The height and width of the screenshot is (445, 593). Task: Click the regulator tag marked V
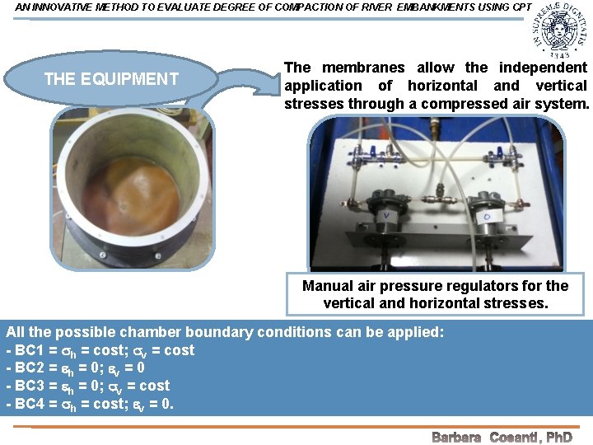tap(385, 217)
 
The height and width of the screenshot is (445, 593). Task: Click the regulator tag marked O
tap(489, 217)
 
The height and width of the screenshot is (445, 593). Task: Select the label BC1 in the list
tap(30, 350)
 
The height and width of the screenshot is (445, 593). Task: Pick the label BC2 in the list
tap(30, 368)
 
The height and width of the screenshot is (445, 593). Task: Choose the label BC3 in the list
tap(30, 386)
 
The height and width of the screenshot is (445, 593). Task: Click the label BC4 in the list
tap(30, 404)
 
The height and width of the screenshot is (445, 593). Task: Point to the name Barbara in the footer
tap(456, 437)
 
